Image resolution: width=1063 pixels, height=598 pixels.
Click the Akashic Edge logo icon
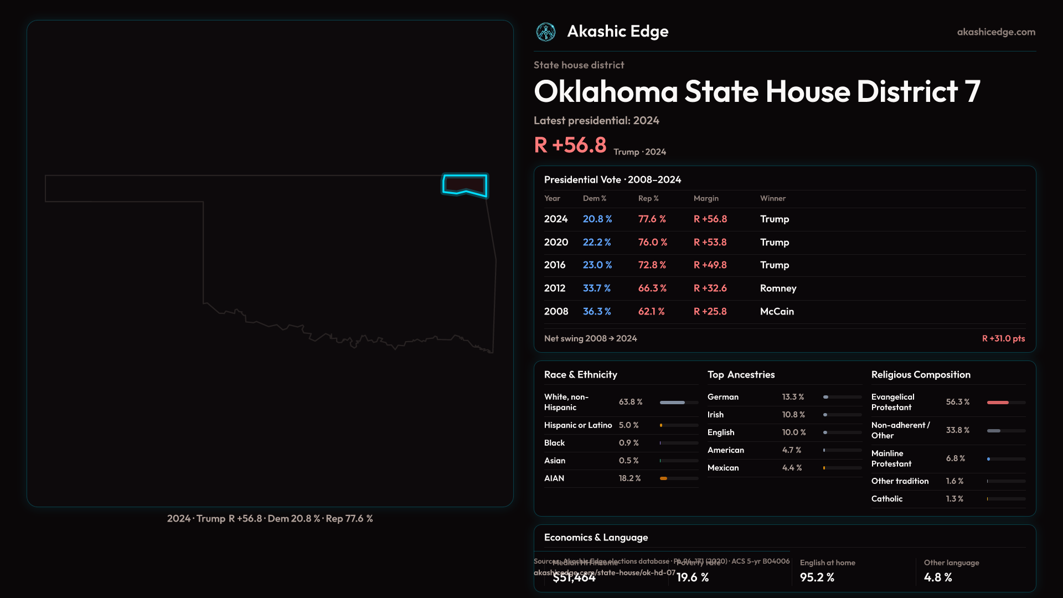point(546,32)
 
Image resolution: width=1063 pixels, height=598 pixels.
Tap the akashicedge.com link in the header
point(996,32)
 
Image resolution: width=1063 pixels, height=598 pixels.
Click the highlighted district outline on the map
point(465,185)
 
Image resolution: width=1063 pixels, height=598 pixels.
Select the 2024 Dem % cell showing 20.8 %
point(597,219)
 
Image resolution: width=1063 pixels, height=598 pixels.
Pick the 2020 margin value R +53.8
point(710,243)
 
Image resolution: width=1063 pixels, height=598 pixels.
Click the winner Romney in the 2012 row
point(778,288)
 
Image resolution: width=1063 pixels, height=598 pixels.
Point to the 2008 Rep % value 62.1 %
point(651,312)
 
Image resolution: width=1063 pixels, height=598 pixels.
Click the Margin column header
point(706,198)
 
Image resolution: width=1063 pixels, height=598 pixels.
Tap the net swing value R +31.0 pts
point(1003,338)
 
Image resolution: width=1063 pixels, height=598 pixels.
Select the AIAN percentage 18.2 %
point(629,478)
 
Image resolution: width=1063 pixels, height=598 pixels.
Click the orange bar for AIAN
point(663,478)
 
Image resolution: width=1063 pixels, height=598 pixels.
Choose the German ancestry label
point(723,397)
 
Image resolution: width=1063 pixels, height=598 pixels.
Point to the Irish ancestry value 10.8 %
point(793,415)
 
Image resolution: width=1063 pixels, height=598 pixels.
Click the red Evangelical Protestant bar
point(998,403)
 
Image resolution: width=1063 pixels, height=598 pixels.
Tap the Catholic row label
point(886,499)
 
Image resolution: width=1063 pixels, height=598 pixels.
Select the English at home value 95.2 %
point(817,578)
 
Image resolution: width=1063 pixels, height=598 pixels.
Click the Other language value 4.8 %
point(937,578)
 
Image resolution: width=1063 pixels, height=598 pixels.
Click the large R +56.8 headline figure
point(570,145)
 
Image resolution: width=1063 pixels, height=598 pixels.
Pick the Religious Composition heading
point(920,375)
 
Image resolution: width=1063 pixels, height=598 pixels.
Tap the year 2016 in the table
point(555,265)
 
